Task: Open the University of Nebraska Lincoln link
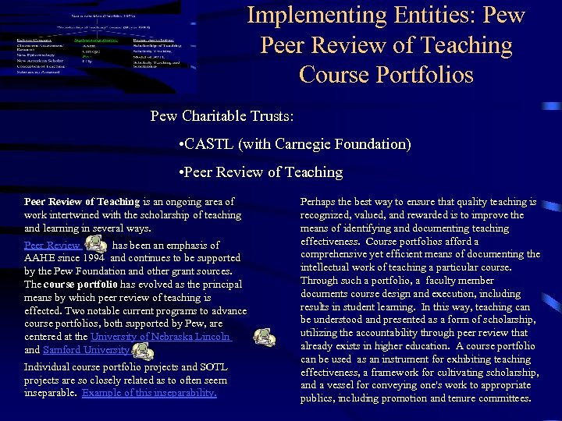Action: point(161,336)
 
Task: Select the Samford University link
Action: point(86,350)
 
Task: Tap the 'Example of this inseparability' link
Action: point(149,392)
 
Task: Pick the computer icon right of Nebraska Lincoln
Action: point(265,337)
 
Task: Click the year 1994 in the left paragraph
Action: point(93,258)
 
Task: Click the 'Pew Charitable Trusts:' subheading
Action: point(222,116)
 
